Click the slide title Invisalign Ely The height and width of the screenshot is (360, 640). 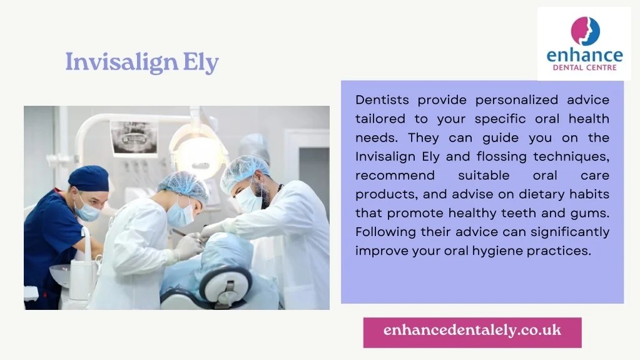pos(142,63)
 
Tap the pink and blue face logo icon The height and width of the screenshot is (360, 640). pos(584,31)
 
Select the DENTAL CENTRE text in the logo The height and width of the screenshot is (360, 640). pos(584,68)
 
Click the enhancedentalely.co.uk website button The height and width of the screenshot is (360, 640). pos(472,331)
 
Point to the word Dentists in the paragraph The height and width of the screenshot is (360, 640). pos(382,100)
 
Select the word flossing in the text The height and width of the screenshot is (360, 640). pos(501,157)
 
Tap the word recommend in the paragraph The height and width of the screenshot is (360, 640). pos(395,175)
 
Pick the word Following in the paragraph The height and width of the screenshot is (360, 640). pos(385,232)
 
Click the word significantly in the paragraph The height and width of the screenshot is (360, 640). pos(570,232)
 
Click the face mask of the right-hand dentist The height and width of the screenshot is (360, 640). pos(248,199)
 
